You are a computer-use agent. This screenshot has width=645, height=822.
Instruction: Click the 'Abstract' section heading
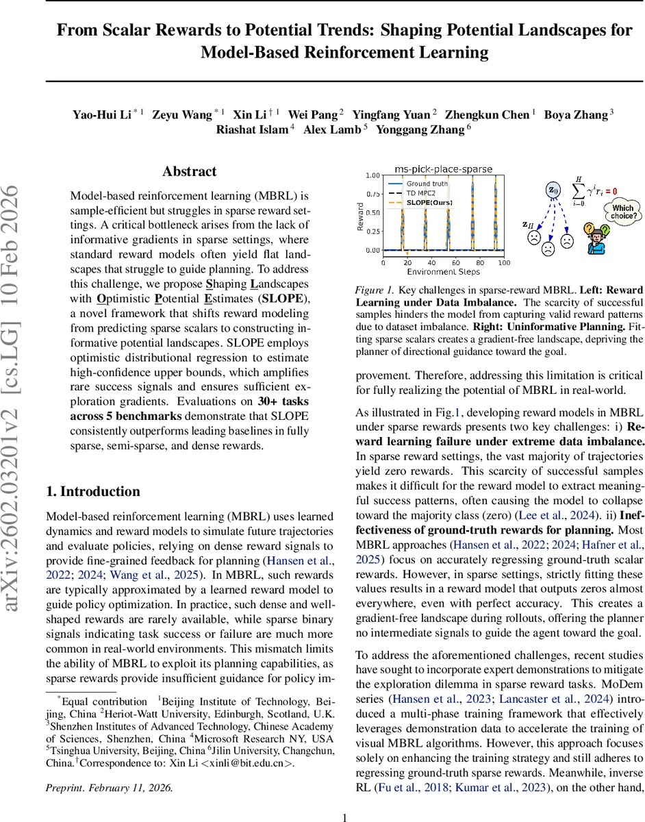point(189,171)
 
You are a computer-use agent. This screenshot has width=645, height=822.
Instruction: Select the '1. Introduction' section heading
point(92,472)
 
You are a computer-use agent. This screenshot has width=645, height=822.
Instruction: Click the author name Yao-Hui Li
point(103,114)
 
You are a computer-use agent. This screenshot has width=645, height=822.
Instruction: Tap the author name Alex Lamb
point(331,129)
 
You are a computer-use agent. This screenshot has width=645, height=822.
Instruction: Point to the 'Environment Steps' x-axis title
point(442,272)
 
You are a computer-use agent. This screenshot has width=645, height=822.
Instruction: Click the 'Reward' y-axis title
point(361,214)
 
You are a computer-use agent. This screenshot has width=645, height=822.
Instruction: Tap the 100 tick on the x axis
point(503,262)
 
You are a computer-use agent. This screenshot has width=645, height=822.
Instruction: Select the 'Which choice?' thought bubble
point(622,211)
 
